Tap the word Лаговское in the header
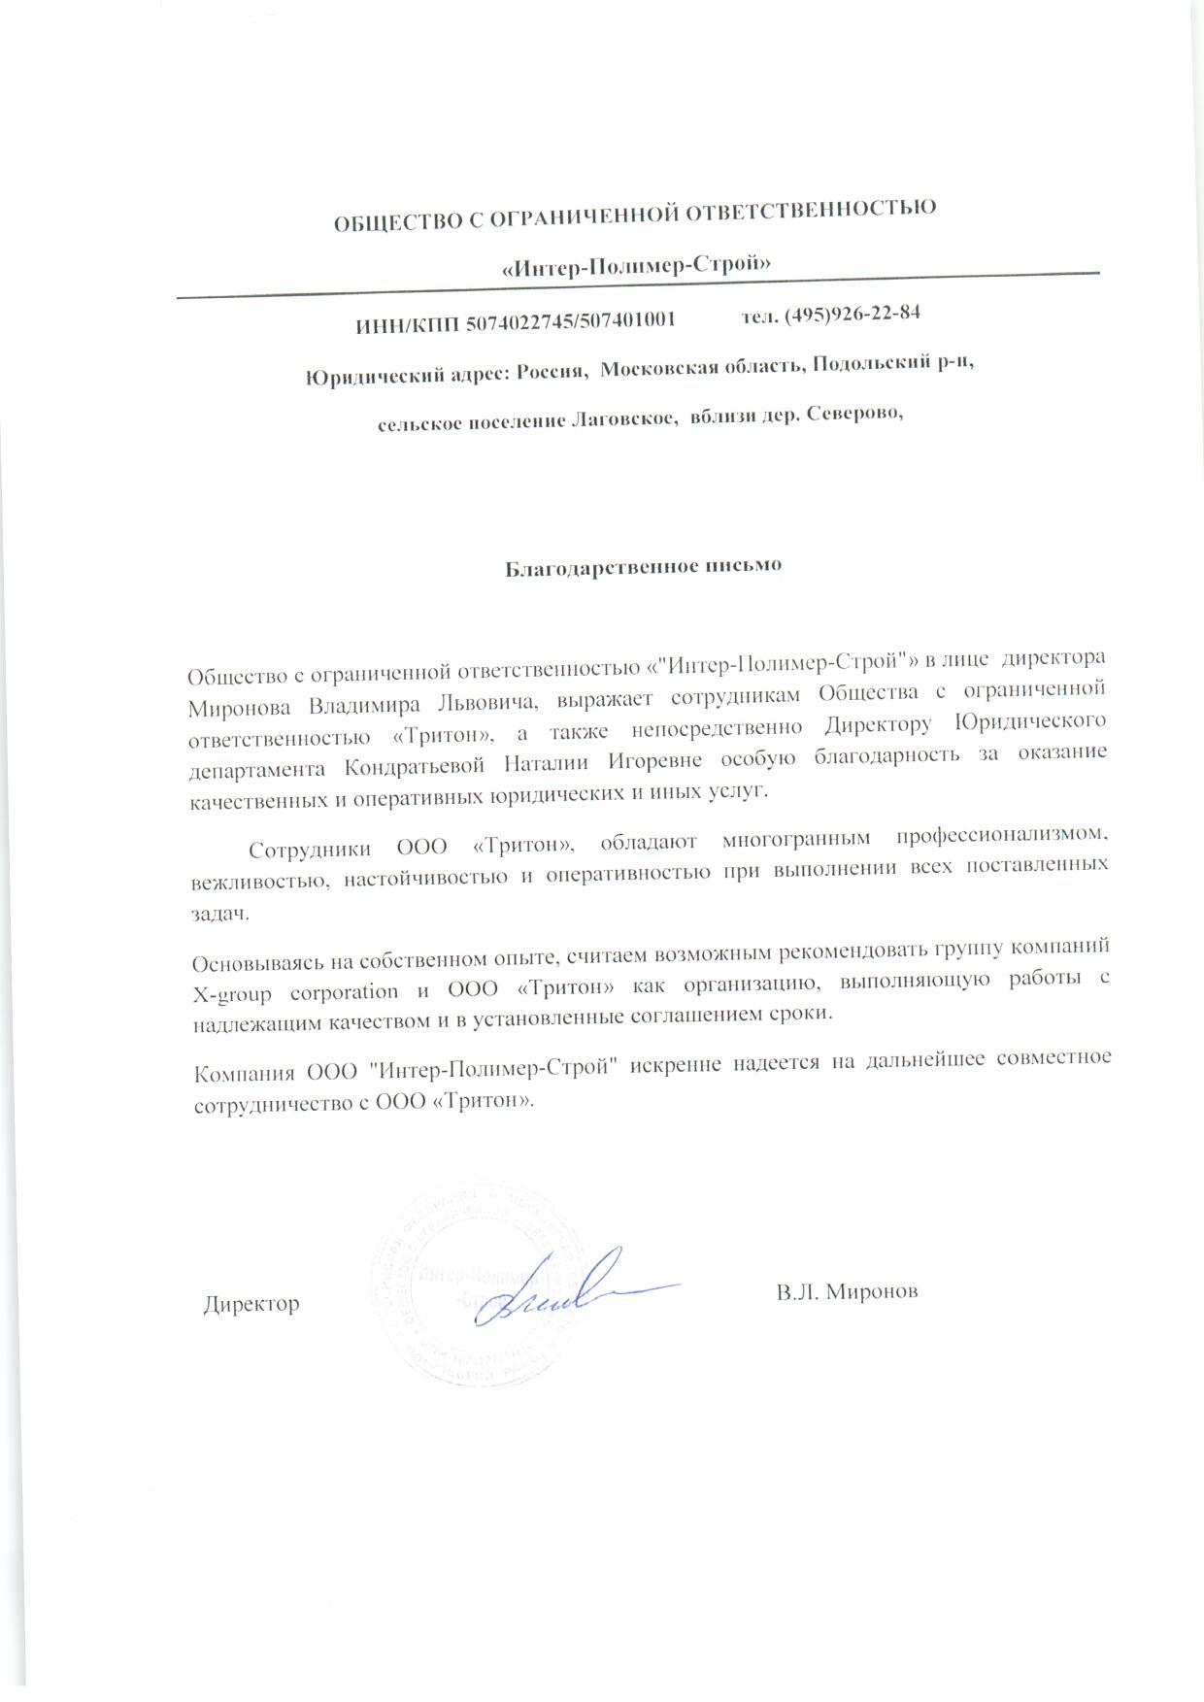[620, 419]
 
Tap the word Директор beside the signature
[251, 1304]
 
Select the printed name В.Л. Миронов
[847, 1292]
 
